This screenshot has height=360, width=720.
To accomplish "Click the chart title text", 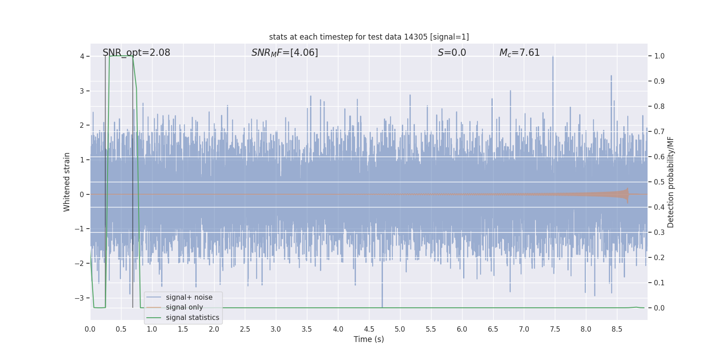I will [369, 37].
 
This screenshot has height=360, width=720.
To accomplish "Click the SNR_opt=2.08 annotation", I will [136, 53].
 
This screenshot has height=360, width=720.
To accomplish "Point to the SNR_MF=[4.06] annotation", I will [284, 53].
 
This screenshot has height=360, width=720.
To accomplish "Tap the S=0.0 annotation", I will [452, 53].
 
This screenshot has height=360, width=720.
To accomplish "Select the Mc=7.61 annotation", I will [519, 53].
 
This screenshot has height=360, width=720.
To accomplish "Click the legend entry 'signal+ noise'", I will [189, 297].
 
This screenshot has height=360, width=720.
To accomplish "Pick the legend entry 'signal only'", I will [184, 307].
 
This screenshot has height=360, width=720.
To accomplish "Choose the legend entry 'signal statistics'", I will [192, 318].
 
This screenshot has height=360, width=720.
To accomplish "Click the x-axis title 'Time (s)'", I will [369, 339].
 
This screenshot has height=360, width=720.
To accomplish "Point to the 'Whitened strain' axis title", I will [67, 182].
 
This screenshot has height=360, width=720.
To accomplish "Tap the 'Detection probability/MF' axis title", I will [670, 182].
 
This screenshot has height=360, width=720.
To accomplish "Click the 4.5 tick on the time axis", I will [369, 329].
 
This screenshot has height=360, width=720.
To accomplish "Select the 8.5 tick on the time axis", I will [617, 329].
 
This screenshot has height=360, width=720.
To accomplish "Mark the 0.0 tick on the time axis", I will [90, 329].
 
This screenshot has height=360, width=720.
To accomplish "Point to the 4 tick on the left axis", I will [82, 56].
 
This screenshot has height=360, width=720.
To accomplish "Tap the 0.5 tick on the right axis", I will [659, 182].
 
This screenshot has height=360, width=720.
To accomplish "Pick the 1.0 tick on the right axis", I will [659, 56].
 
